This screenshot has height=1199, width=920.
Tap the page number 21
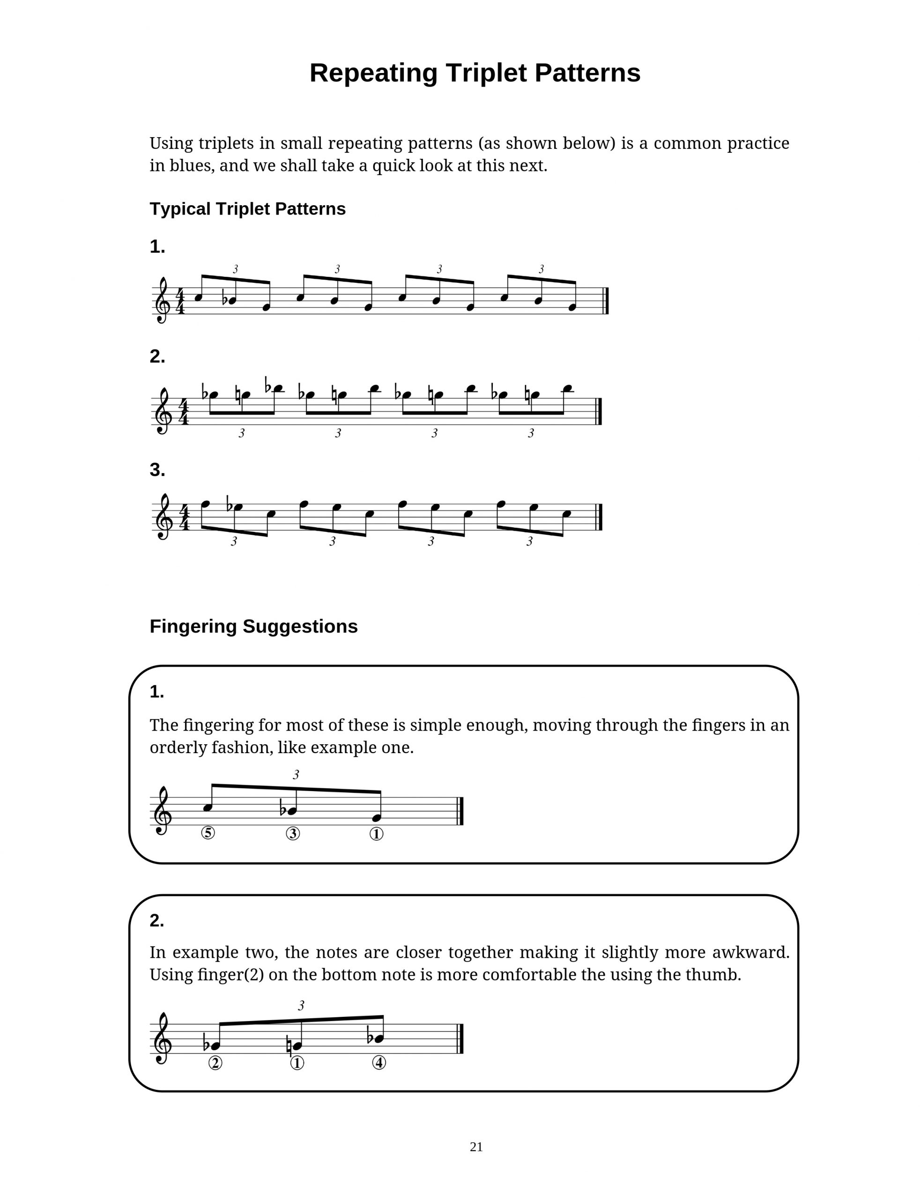click(x=476, y=1147)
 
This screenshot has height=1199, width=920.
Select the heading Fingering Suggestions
click(x=253, y=626)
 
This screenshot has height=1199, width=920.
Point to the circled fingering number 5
click(x=208, y=833)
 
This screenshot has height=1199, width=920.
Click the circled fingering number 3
click(x=293, y=833)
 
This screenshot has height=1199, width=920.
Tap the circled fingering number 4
click(x=379, y=1063)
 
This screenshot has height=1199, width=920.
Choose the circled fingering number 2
click(x=215, y=1063)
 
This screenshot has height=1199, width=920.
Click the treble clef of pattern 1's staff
click(x=162, y=300)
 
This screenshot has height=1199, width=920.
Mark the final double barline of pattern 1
click(x=606, y=301)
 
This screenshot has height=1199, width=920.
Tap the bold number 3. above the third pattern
click(x=157, y=470)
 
